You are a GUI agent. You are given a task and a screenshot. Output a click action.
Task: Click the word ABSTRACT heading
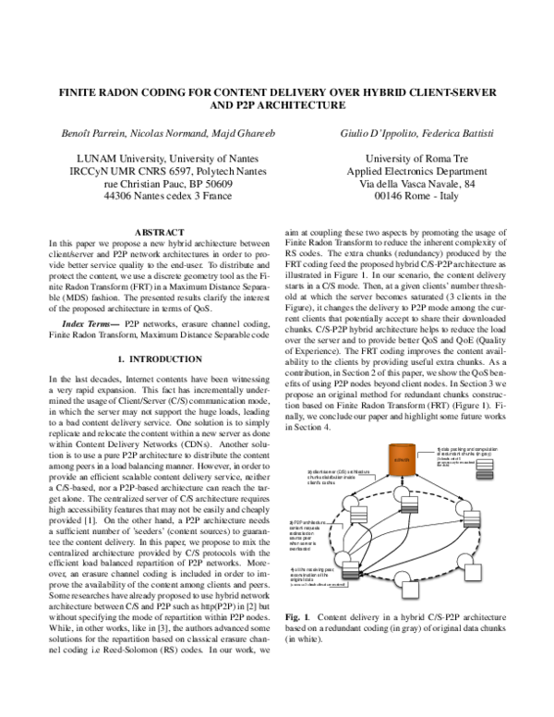coord(162,231)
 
